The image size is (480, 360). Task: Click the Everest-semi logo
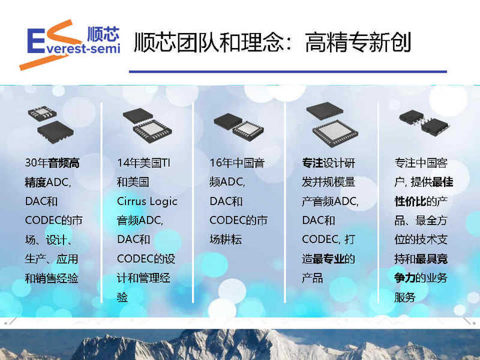(70, 44)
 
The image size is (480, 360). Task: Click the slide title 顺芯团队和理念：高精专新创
(272, 42)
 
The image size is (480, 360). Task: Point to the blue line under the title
(288, 71)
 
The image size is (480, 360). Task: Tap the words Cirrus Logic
(147, 202)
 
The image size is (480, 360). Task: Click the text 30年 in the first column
(37, 163)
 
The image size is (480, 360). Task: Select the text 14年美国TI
(144, 163)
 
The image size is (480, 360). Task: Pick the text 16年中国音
(237, 163)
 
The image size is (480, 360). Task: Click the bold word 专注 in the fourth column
(313, 163)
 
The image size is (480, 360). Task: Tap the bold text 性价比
(410, 202)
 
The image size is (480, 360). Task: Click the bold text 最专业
(328, 259)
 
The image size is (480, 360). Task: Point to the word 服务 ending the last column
(404, 297)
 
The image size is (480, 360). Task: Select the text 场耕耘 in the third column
(226, 239)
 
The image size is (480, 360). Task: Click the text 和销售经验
(52, 278)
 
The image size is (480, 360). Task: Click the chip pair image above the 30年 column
(51, 124)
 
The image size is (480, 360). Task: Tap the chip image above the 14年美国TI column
(147, 125)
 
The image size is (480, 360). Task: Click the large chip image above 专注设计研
(332, 124)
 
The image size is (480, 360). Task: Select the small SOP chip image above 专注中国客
(424, 122)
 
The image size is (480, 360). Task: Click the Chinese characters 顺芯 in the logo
(103, 34)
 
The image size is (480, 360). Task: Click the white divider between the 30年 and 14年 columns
(101, 203)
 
